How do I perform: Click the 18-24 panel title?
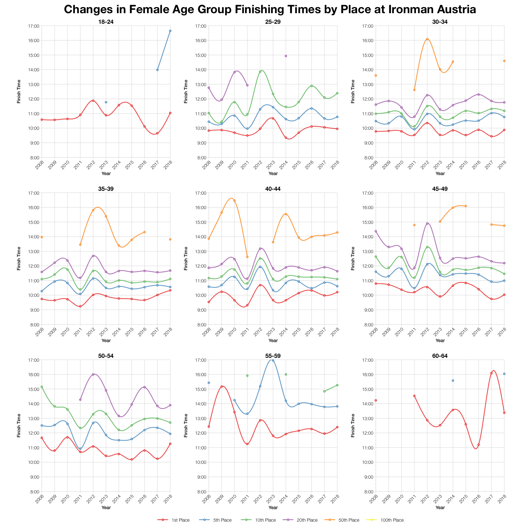tap(106, 22)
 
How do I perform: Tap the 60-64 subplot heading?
tap(440, 356)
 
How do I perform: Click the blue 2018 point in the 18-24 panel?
tap(170, 31)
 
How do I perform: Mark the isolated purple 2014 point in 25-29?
tap(286, 56)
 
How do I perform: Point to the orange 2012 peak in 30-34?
tap(427, 39)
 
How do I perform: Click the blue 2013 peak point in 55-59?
tap(273, 360)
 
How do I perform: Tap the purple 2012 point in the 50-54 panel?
tap(93, 374)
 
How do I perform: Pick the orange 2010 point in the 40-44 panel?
tap(234, 201)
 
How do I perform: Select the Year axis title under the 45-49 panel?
tap(440, 340)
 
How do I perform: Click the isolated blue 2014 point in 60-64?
tap(453, 381)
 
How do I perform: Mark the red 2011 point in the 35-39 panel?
tap(80, 306)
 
